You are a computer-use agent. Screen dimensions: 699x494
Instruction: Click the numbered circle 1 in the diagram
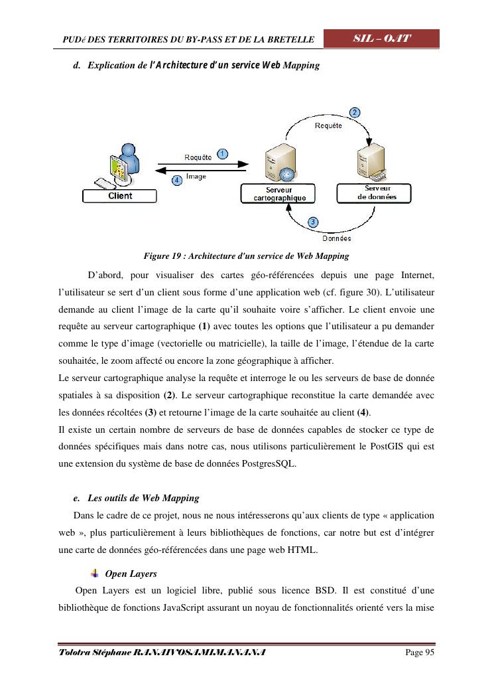pyautogui.click(x=223, y=154)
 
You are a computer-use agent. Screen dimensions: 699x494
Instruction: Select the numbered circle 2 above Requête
pyautogui.click(x=355, y=113)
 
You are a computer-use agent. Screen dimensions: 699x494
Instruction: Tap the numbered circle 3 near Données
pyautogui.click(x=313, y=222)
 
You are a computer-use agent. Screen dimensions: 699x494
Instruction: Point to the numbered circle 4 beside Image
pyautogui.click(x=177, y=180)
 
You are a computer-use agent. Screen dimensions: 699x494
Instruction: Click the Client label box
pyautogui.click(x=120, y=196)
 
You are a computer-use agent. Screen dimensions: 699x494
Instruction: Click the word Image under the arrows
pyautogui.click(x=196, y=177)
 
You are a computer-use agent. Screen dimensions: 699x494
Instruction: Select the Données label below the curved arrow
pyautogui.click(x=336, y=238)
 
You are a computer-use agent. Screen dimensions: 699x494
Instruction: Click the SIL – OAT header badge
pyautogui.click(x=381, y=39)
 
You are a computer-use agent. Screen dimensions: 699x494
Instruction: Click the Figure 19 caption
pyautogui.click(x=246, y=256)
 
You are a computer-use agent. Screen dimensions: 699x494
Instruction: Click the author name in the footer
pyautogui.click(x=162, y=653)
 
